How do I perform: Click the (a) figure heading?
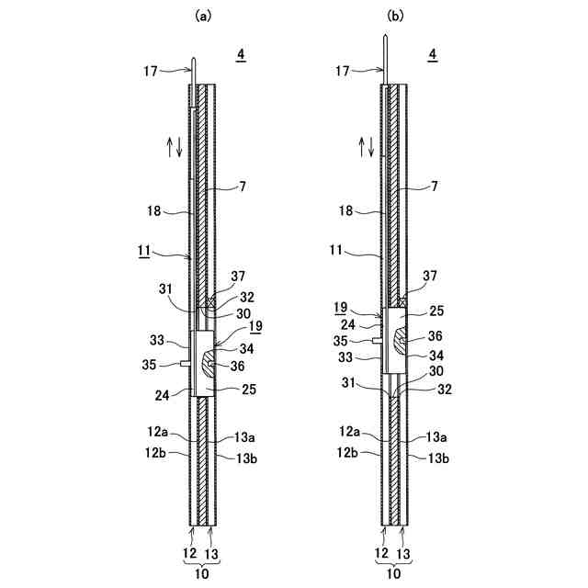[203, 17]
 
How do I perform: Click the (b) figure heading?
[395, 17]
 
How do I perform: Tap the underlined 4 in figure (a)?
[241, 55]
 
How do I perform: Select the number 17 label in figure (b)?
[342, 71]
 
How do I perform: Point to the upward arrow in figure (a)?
[169, 147]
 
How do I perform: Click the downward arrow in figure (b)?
[371, 147]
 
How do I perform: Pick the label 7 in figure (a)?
[243, 186]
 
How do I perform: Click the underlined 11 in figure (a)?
[144, 251]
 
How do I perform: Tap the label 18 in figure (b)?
[345, 210]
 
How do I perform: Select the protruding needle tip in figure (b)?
[385, 37]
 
